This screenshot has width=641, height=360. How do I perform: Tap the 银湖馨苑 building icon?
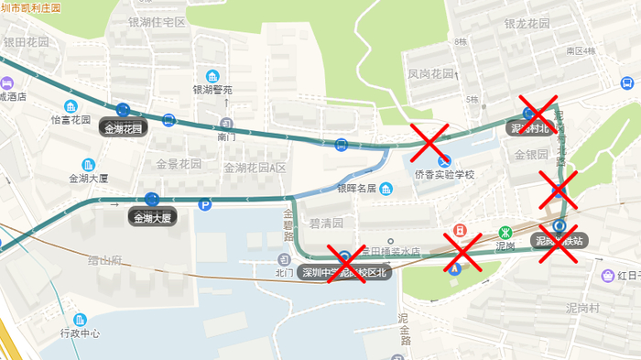pos(212,75)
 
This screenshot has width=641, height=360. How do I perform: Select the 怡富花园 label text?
pos(71,119)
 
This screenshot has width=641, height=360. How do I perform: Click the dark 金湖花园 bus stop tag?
pos(124,128)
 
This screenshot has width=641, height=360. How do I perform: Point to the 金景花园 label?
pos(178,164)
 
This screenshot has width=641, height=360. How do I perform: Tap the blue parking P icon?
pos(205,205)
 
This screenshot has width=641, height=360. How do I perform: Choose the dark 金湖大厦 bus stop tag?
pos(151,218)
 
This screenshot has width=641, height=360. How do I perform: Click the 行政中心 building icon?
pos(81,319)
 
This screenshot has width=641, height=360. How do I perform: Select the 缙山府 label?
pos(104,260)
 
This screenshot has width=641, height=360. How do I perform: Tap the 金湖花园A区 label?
pos(255,168)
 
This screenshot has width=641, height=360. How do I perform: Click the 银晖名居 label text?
pos(357,189)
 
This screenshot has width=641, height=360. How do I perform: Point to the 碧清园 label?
pos(326,223)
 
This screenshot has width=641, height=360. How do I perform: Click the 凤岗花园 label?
pos(430,73)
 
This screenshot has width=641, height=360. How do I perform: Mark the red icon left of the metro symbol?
pos(460,231)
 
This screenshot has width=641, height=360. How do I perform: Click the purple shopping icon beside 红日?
pos(607,275)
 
